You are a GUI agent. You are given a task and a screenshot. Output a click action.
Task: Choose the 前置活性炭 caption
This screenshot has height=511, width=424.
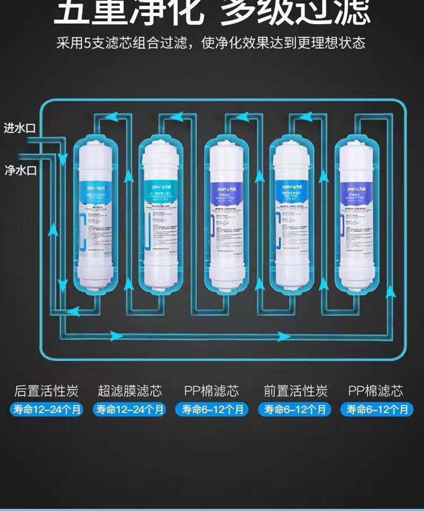pyautogui.click(x=295, y=391)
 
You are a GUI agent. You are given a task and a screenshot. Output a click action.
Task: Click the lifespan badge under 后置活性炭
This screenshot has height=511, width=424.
pyautogui.click(x=46, y=410)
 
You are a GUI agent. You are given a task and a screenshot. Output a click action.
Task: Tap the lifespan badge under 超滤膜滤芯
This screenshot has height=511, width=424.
pyautogui.click(x=129, y=410)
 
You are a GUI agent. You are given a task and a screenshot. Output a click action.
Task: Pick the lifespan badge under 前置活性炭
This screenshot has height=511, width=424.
pyautogui.click(x=295, y=410)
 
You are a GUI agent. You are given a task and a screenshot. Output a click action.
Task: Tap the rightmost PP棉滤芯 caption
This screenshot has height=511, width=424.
pyautogui.click(x=376, y=391)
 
